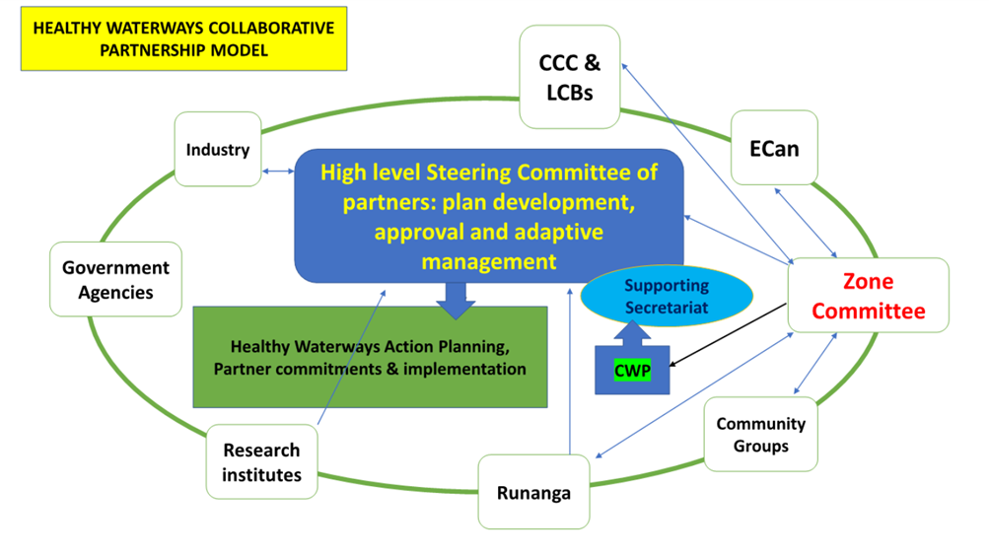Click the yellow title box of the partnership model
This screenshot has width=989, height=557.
coord(183,38)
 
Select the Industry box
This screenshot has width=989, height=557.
coord(218,150)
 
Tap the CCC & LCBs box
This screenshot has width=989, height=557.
coord(570,77)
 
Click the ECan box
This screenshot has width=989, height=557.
coord(774,148)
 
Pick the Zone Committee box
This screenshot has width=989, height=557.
coord(868,295)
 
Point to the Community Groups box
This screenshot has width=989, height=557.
coord(760,434)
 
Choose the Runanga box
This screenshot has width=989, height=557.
coord(533,492)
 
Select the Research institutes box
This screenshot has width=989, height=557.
coord(261,461)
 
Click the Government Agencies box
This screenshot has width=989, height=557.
coord(115,279)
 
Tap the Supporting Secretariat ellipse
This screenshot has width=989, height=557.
coord(667,296)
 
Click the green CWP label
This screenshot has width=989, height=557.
coord(633,371)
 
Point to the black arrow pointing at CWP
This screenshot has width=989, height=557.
coord(728,335)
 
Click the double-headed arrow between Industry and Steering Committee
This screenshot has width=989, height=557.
coord(278,171)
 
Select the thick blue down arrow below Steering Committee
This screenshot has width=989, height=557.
coord(456,301)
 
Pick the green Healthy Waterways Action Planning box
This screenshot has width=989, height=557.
coord(370,357)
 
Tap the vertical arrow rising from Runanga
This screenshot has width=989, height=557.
coord(570,372)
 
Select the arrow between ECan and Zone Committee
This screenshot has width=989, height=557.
coord(806,223)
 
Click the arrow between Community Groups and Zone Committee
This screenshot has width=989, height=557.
coord(815,364)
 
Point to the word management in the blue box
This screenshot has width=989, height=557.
coord(489,261)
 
